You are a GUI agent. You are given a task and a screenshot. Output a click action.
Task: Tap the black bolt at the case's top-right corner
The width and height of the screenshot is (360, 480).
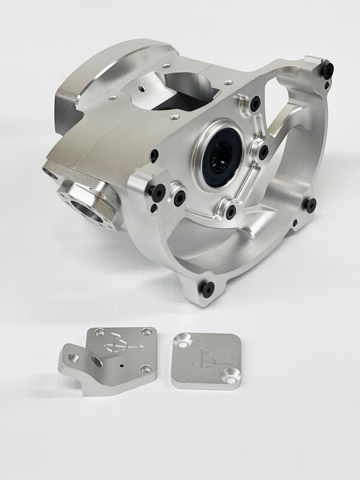(x=329, y=71)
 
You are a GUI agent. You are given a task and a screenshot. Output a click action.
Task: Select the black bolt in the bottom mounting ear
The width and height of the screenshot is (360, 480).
(x=208, y=288)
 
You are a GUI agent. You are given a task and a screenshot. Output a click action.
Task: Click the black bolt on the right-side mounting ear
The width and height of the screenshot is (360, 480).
(x=311, y=204)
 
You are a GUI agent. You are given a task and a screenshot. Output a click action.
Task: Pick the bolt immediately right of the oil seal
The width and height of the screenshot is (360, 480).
(x=263, y=152)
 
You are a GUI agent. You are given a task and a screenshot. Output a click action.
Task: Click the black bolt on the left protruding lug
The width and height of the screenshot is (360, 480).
(x=157, y=192)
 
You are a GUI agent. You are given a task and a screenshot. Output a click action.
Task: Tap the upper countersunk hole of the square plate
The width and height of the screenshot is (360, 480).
(x=184, y=341)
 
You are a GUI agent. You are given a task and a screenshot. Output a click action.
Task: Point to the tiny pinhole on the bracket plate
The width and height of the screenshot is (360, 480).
(x=120, y=365)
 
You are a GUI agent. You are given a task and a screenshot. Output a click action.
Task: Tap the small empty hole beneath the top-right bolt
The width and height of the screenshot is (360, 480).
(x=328, y=85)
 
